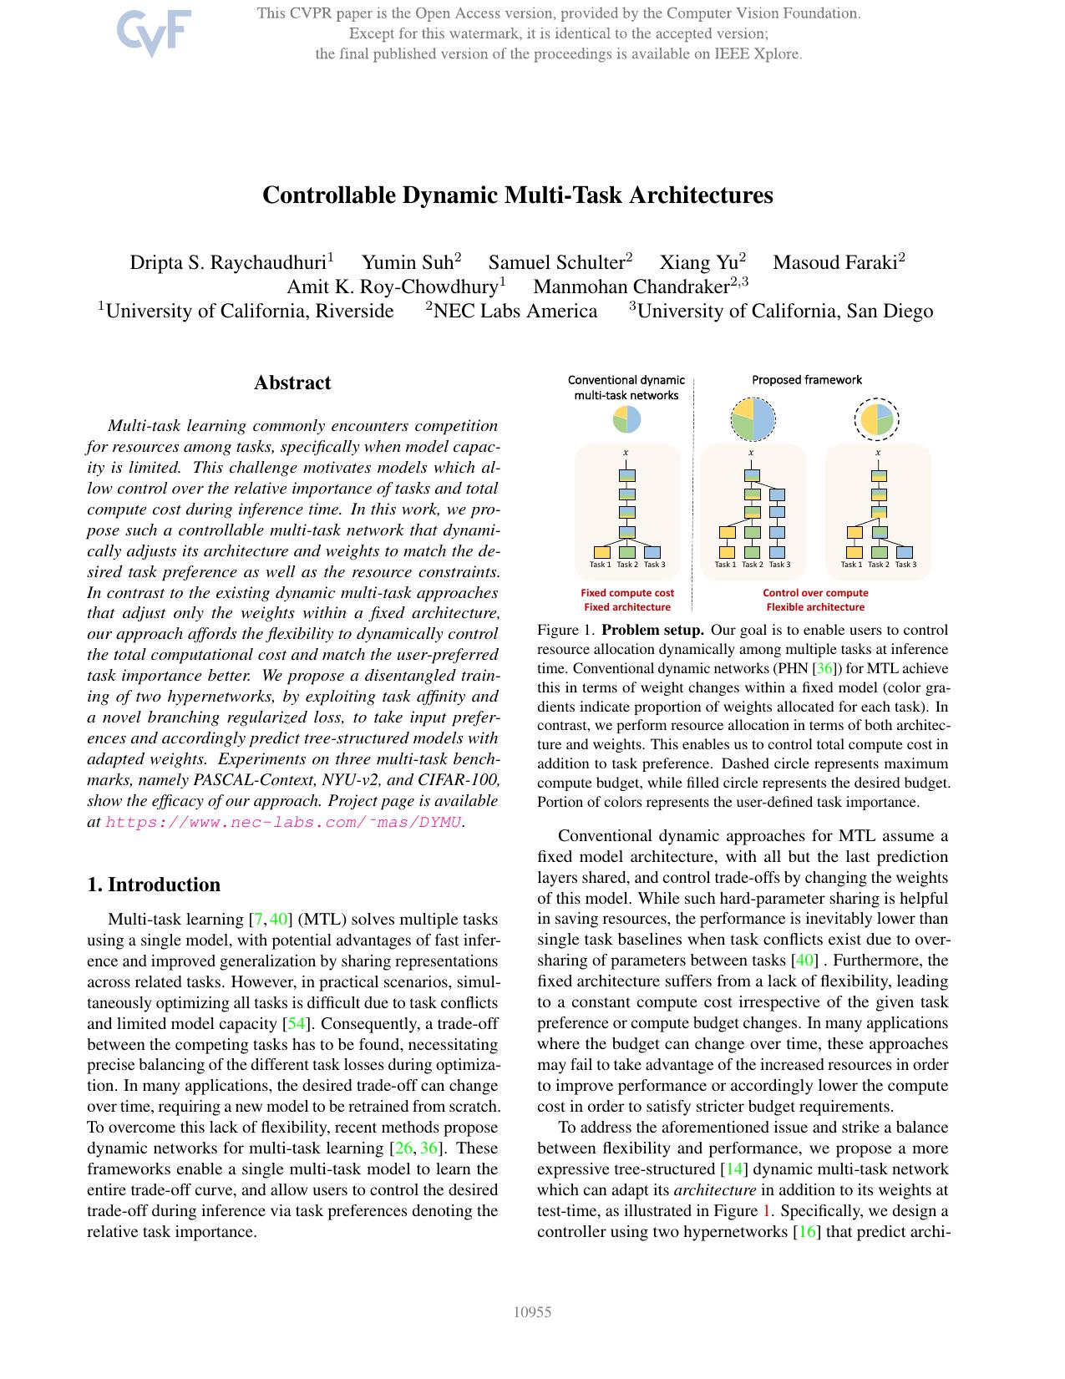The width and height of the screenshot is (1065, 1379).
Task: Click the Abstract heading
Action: coord(292,383)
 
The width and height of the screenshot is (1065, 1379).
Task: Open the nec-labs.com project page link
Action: coord(283,822)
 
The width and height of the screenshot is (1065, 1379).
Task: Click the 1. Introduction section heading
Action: coord(154,885)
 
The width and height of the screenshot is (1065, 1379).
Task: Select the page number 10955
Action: coord(532,1312)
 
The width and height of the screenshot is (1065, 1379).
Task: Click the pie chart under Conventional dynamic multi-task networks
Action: coord(626,419)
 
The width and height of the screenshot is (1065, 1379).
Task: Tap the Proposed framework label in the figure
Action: coord(806,380)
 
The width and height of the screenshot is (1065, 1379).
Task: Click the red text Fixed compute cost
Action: coord(627,593)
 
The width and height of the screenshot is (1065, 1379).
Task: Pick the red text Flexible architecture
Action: coord(815,607)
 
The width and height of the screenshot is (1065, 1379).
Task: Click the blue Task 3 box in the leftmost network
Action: coord(653,552)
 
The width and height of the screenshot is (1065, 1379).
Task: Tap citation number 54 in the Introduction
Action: coord(296,1024)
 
